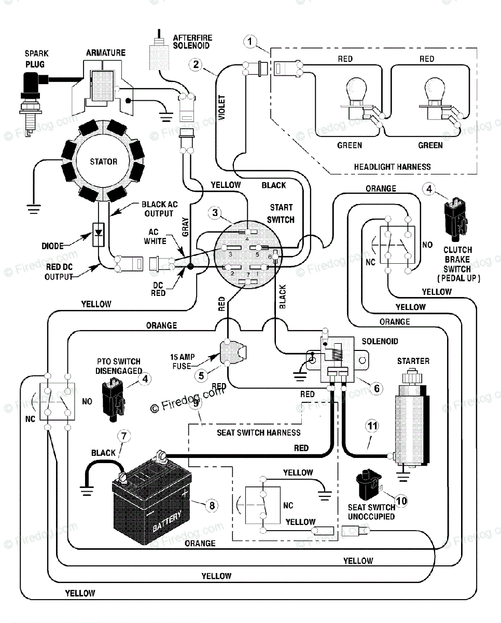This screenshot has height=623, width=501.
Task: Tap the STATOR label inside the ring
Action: [103, 161]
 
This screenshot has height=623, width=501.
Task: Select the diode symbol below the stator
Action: [98, 235]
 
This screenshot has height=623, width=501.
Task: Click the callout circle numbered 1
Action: [251, 41]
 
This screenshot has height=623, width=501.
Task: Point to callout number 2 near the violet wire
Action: [196, 64]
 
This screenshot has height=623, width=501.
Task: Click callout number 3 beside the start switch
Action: [215, 212]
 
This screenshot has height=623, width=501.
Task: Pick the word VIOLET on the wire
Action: [222, 107]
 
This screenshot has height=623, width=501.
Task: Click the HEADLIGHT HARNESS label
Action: [392, 167]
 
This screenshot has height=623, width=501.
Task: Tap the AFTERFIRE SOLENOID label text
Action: [192, 42]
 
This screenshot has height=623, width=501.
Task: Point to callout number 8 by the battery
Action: [211, 504]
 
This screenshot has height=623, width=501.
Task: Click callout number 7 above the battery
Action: [122, 436]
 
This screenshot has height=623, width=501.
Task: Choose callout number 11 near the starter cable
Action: [371, 426]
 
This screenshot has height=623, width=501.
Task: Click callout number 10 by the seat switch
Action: [401, 501]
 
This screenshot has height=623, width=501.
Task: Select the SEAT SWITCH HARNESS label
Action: [258, 432]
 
